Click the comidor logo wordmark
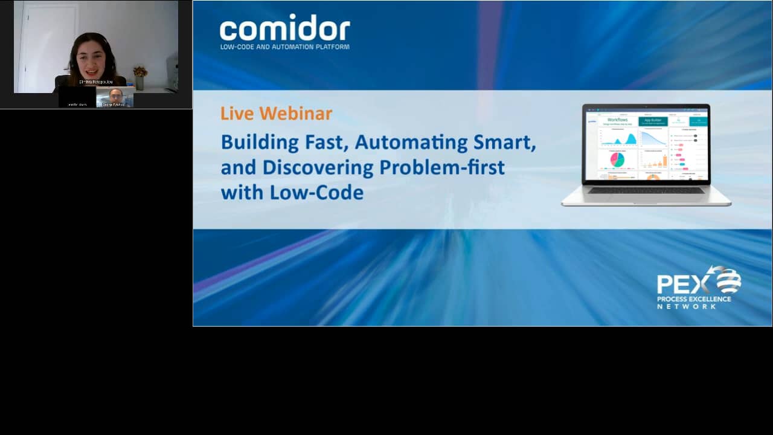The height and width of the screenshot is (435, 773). pyautogui.click(x=284, y=28)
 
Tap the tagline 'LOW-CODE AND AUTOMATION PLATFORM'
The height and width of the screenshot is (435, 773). pyautogui.click(x=284, y=47)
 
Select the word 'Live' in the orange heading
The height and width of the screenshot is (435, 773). pyautogui.click(x=237, y=114)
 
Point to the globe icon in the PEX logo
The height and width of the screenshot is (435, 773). pyautogui.click(x=727, y=280)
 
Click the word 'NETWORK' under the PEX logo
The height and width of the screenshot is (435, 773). pyautogui.click(x=687, y=306)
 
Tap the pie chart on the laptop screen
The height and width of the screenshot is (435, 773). pyautogui.click(x=617, y=159)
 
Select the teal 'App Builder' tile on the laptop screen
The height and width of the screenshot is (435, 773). pyautogui.click(x=653, y=121)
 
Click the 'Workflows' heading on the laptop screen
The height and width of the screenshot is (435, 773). pyautogui.click(x=617, y=120)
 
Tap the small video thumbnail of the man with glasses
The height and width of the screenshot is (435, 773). pyautogui.click(x=115, y=97)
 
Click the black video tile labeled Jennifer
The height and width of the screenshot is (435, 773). pyautogui.click(x=77, y=97)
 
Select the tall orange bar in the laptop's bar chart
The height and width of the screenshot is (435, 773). pyautogui.click(x=665, y=161)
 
